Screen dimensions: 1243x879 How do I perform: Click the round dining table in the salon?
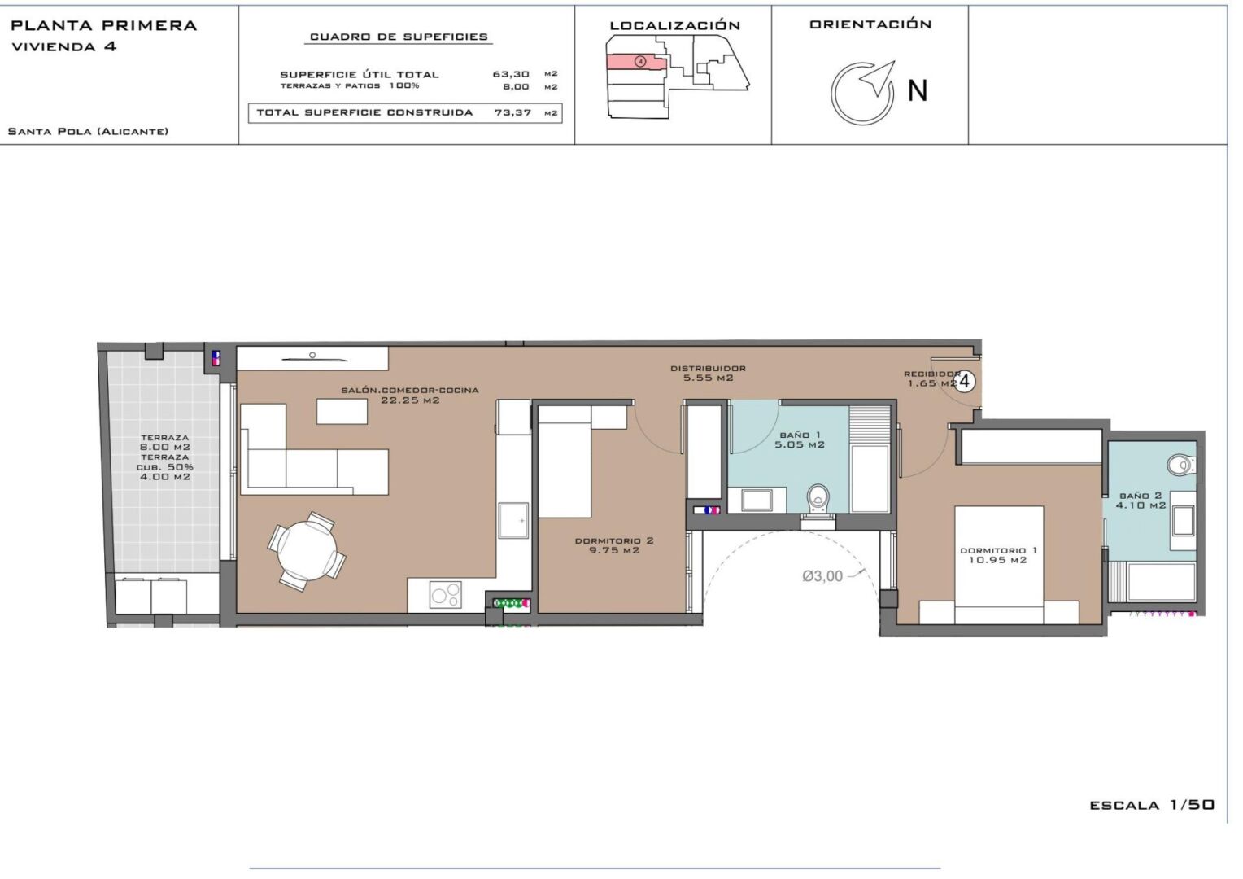point(307,551)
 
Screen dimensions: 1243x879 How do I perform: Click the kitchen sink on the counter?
point(513,521)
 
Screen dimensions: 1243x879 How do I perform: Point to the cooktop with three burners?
point(446,595)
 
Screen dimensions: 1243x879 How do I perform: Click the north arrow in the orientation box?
point(879,78)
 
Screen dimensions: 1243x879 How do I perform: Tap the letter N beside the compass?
point(918,90)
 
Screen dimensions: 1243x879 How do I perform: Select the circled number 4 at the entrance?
point(965,382)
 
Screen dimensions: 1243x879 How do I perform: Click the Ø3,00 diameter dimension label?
point(822,576)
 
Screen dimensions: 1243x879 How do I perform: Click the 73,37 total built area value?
point(512,112)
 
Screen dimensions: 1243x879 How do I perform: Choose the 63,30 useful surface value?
point(511,74)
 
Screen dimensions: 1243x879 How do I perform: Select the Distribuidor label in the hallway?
point(708,368)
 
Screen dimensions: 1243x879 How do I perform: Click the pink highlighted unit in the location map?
point(635,62)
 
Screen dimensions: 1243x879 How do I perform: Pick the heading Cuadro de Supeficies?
point(399,37)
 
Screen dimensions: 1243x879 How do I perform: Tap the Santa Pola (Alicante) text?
point(88,132)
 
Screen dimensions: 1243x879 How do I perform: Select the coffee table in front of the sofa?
point(342,412)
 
